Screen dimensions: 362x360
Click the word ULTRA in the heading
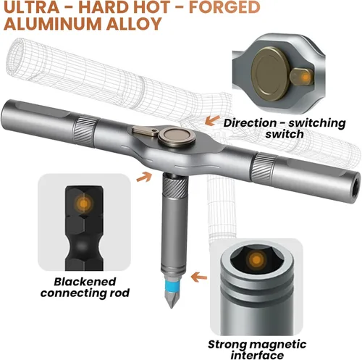tap(32, 7)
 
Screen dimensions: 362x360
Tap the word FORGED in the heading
tap(224, 7)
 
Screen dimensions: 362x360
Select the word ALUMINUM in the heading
tap(53, 24)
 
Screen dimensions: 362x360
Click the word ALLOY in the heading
tap(134, 24)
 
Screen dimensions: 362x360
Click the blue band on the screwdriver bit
tap(171, 284)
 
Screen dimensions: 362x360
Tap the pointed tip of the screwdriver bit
tap(172, 306)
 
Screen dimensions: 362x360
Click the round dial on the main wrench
tap(177, 137)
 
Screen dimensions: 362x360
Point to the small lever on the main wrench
tap(146, 131)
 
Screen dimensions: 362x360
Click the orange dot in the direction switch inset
tap(306, 78)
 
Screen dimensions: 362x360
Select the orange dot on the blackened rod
tap(84, 204)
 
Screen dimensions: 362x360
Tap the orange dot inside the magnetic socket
tap(256, 260)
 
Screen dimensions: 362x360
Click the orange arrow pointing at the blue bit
tap(199, 277)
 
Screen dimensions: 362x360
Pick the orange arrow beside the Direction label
tap(212, 120)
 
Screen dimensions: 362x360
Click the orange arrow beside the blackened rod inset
tap(144, 177)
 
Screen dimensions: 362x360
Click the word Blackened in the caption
tap(85, 282)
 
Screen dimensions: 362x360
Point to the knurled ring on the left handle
tap(86, 131)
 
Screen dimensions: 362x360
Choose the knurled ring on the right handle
tap(264, 167)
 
